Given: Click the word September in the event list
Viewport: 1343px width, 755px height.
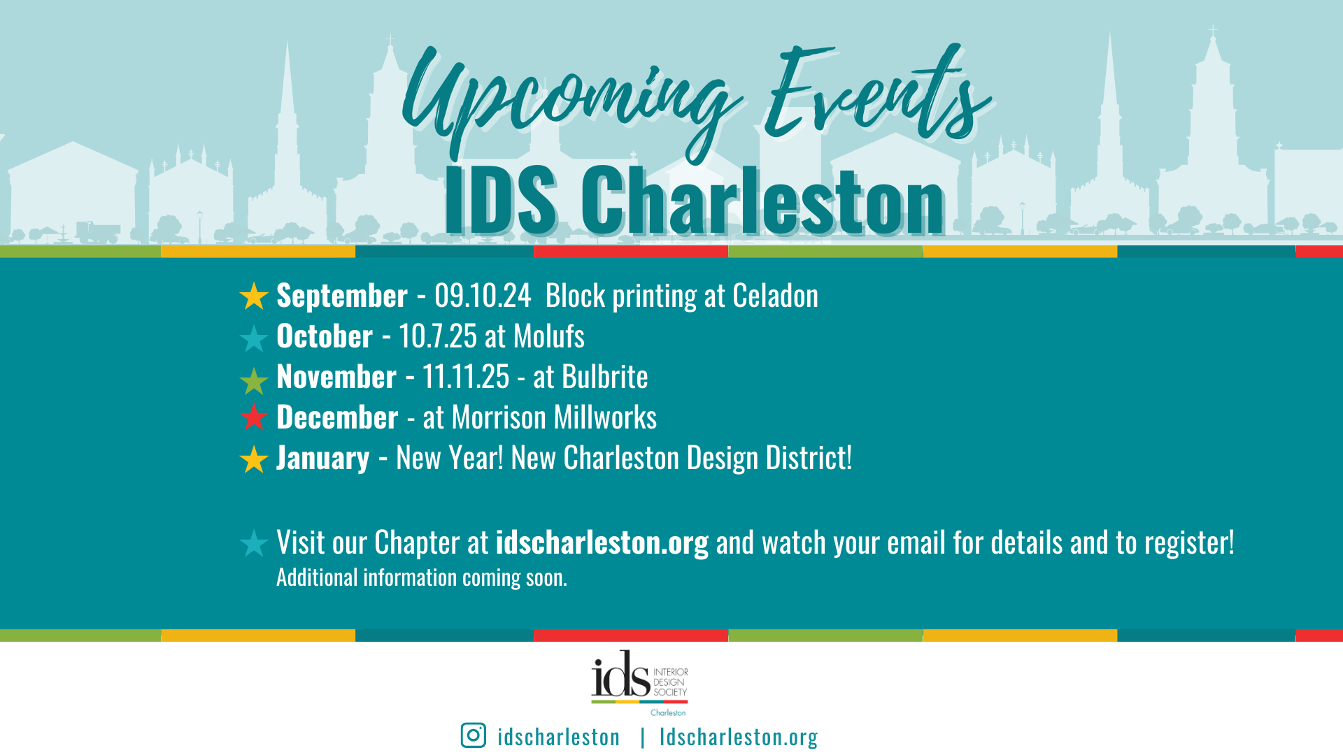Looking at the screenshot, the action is [342, 296].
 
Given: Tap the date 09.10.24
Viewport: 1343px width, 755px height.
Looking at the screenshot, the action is [483, 296].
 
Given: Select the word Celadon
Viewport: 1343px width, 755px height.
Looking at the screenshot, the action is [775, 296].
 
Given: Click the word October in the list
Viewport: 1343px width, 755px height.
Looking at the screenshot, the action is [325, 336].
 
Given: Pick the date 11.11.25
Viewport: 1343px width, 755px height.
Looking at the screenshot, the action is [466, 377].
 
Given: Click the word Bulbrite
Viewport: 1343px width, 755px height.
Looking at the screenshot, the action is [605, 377].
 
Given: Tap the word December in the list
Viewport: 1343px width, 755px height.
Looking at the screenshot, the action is [337, 417].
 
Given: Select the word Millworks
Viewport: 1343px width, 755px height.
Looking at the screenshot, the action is [605, 417].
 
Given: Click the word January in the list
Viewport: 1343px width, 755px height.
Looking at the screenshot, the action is [322, 459].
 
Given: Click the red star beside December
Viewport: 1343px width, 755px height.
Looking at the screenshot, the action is [254, 417].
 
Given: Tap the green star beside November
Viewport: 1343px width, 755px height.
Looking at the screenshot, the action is [254, 380].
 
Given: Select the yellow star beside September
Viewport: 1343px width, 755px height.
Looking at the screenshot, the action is [254, 296].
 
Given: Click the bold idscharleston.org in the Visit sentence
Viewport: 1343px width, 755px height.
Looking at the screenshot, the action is [602, 543].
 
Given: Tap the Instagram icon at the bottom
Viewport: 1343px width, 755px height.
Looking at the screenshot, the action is [474, 735].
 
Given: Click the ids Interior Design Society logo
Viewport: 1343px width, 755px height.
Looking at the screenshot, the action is [640, 683].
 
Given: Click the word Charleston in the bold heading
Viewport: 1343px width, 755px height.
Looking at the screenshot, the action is [763, 201].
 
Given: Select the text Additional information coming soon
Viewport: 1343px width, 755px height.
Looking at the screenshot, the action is [422, 577].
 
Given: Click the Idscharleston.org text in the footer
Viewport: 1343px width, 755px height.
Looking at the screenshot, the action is [739, 736].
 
